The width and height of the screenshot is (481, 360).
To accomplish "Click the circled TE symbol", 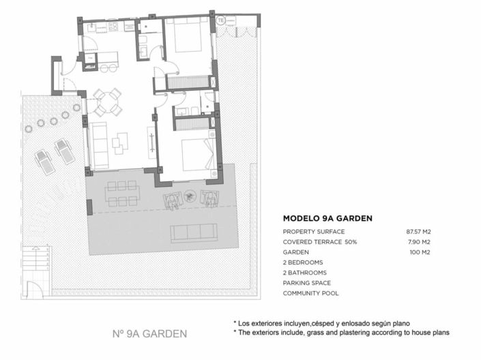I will click(220, 20).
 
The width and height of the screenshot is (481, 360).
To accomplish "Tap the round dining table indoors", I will click(108, 102).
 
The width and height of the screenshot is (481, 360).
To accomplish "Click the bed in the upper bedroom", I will click(186, 35).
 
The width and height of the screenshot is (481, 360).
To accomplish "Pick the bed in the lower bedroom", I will click(197, 153).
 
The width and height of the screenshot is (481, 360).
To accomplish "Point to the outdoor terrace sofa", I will click(194, 232).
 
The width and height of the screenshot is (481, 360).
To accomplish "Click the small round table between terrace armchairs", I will click(190, 196).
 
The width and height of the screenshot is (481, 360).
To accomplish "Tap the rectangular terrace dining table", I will click(121, 193).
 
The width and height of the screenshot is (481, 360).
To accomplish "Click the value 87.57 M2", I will click(418, 232).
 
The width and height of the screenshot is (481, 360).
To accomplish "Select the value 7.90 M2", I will click(419, 242).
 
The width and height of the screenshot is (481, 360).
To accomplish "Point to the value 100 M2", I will click(421, 252).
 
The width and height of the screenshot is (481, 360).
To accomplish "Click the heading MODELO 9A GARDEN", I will click(327, 219).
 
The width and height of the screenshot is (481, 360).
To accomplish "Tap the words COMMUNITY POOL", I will click(310, 293).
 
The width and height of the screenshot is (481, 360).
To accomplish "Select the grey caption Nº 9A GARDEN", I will click(149, 334).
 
